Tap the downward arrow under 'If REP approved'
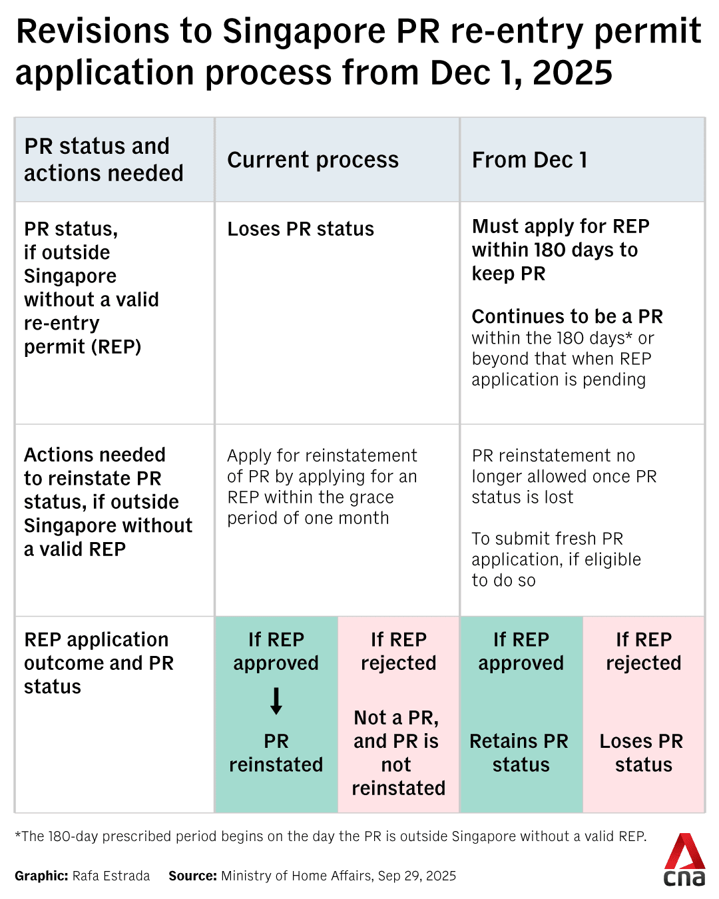(276, 701)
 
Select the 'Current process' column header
(313, 160)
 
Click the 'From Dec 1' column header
(529, 160)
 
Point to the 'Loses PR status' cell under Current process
(300, 229)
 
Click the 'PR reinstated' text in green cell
(276, 752)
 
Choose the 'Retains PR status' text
(519, 752)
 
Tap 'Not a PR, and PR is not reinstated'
(398, 752)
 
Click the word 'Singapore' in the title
(304, 32)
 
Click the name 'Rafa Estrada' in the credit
(111, 876)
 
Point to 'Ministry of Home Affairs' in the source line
(296, 876)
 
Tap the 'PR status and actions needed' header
(104, 160)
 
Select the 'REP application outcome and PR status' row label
(99, 663)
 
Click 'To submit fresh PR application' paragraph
(556, 559)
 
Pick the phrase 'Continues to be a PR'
(567, 316)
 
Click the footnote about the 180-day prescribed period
(330, 836)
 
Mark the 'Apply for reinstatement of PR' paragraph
(322, 487)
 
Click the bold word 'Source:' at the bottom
(192, 876)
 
